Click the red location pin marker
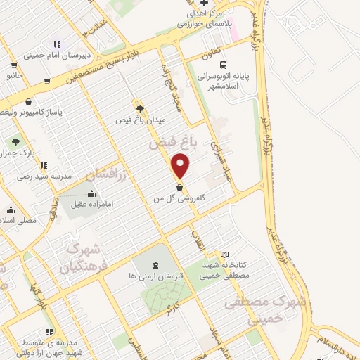tap(181, 167)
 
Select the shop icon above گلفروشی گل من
tap(179, 188)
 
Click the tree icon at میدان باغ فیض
tap(140, 108)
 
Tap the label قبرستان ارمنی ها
tap(155, 276)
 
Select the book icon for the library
tap(224, 255)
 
